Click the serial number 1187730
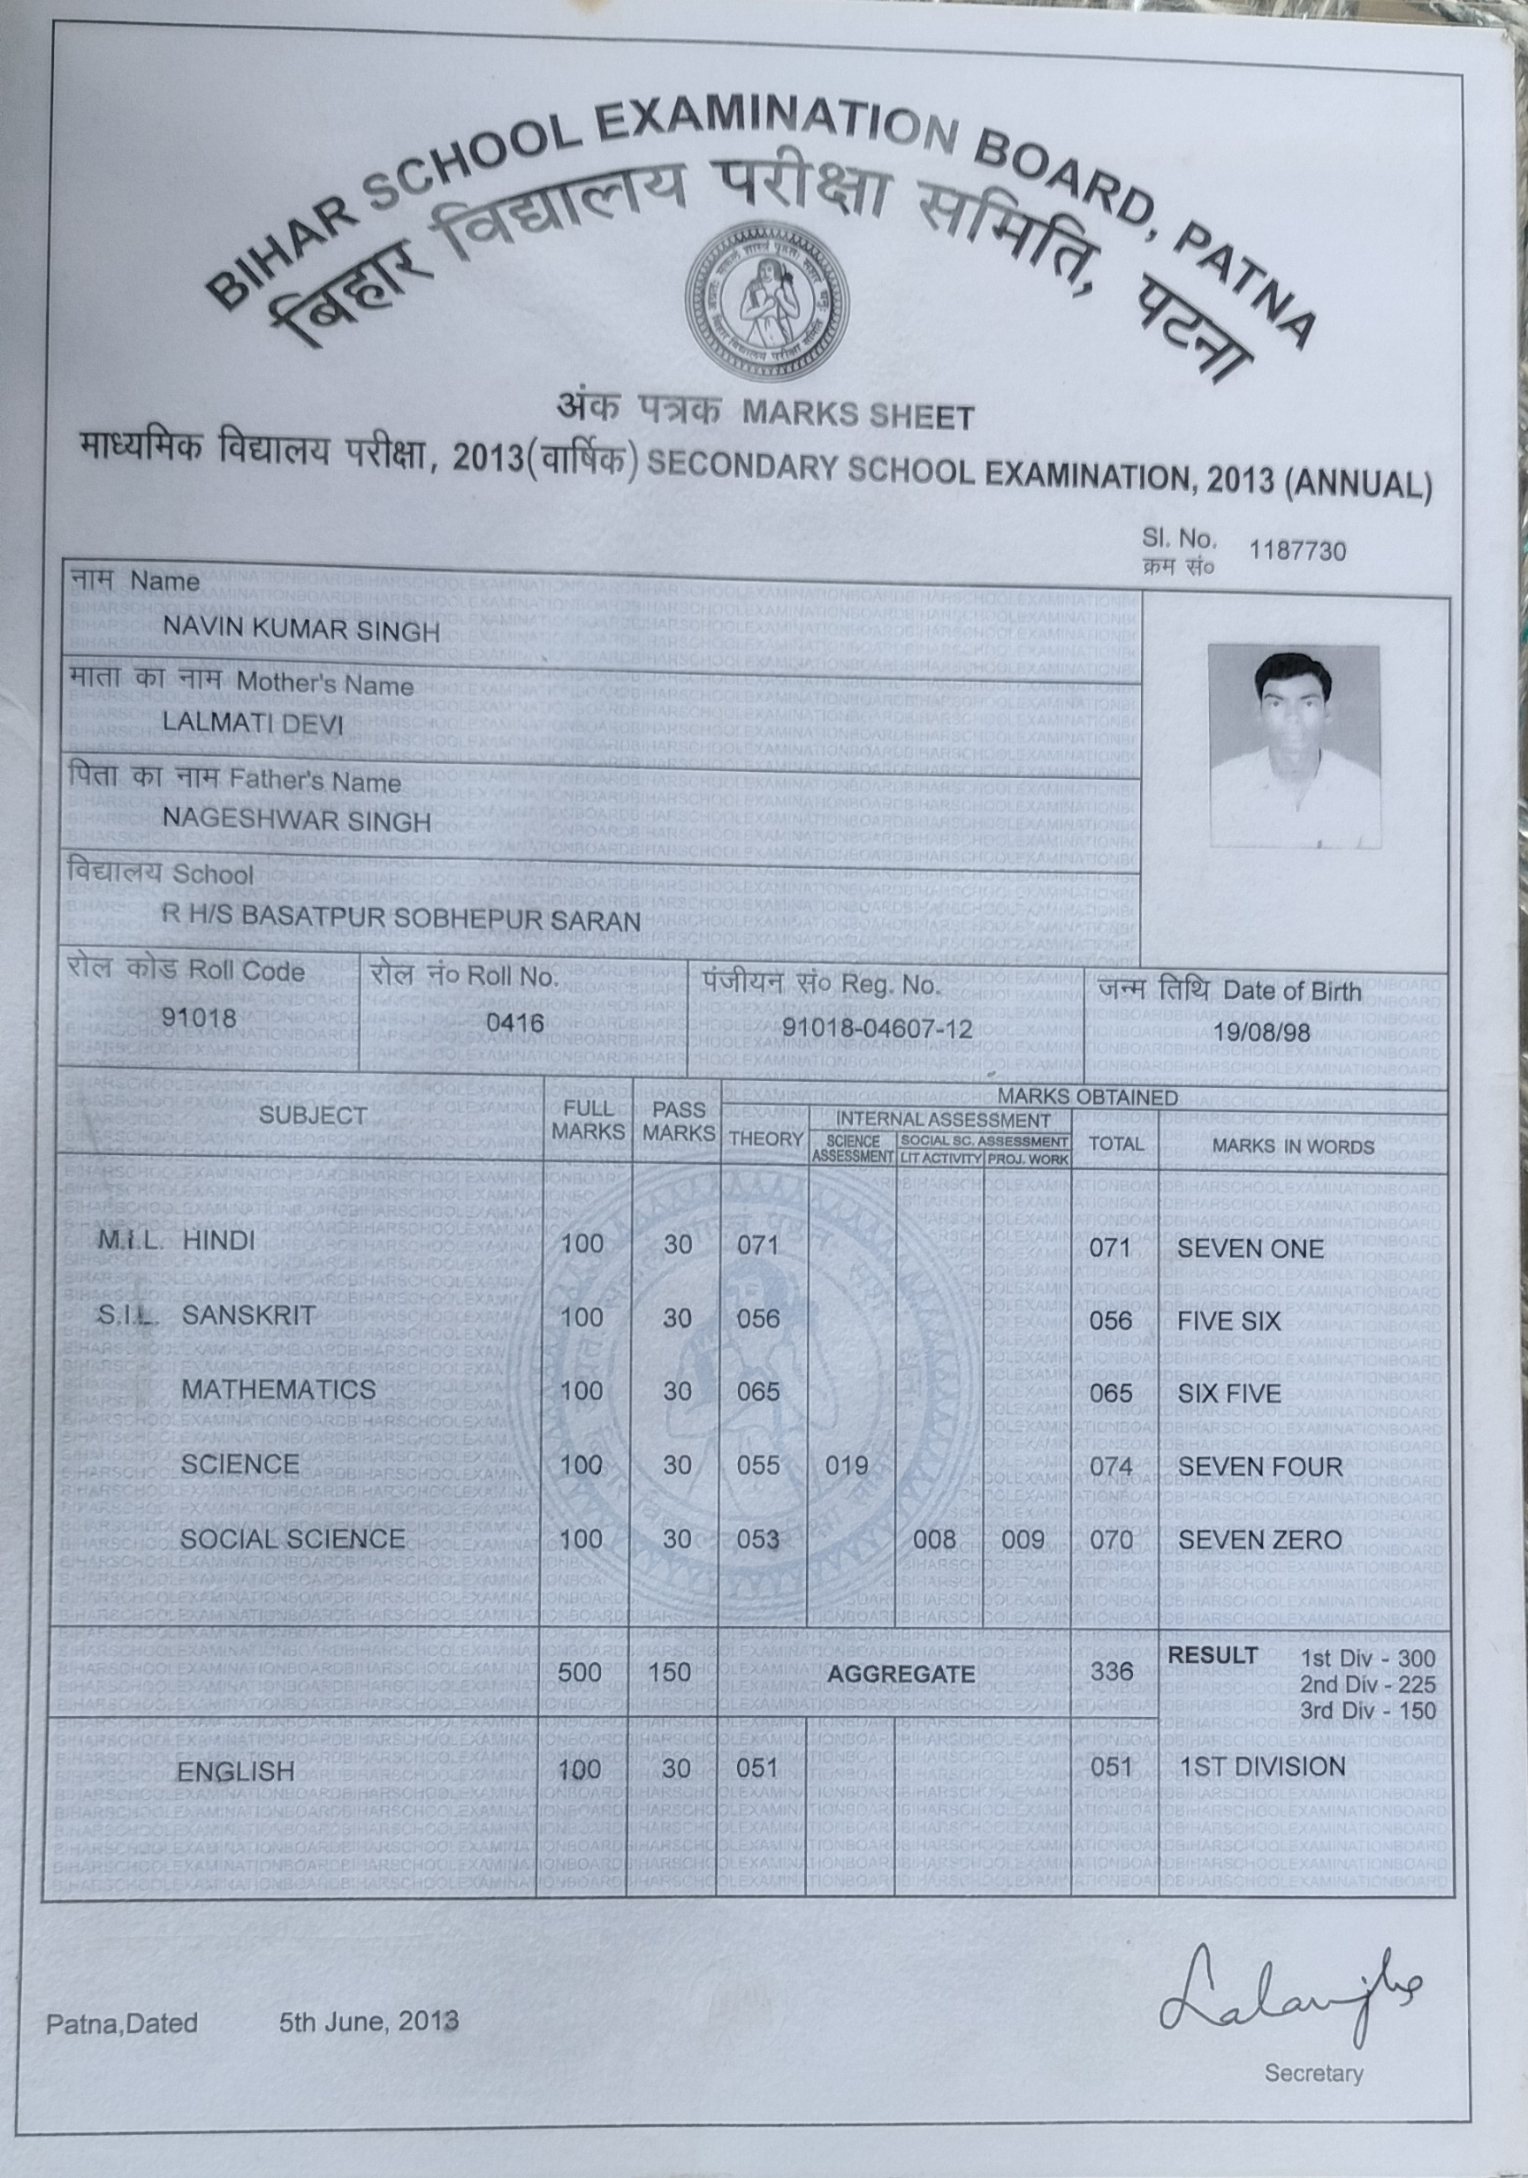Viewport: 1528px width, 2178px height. pyautogui.click(x=1296, y=551)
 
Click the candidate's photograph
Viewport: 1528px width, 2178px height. pyautogui.click(x=1295, y=745)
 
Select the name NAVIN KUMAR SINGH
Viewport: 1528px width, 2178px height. pyautogui.click(x=300, y=630)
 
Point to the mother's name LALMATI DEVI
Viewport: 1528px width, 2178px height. pyautogui.click(x=253, y=722)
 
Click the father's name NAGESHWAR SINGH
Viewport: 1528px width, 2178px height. pyautogui.click(x=296, y=821)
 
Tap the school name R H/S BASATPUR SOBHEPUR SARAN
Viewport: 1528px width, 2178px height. pyautogui.click(x=401, y=919)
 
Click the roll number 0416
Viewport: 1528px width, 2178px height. pyautogui.click(x=514, y=1023)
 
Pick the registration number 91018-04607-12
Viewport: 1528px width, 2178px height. pyautogui.click(x=877, y=1028)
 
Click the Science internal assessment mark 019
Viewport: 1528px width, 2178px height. pyautogui.click(x=846, y=1465)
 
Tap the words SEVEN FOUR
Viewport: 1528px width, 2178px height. pyautogui.click(x=1259, y=1466)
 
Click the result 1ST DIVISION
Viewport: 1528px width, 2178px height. pyautogui.click(x=1261, y=1767)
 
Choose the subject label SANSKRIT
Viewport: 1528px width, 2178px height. pyautogui.click(x=247, y=1315)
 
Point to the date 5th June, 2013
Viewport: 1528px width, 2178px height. pyautogui.click(x=369, y=2022)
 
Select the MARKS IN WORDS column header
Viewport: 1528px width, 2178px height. pyautogui.click(x=1292, y=1146)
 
